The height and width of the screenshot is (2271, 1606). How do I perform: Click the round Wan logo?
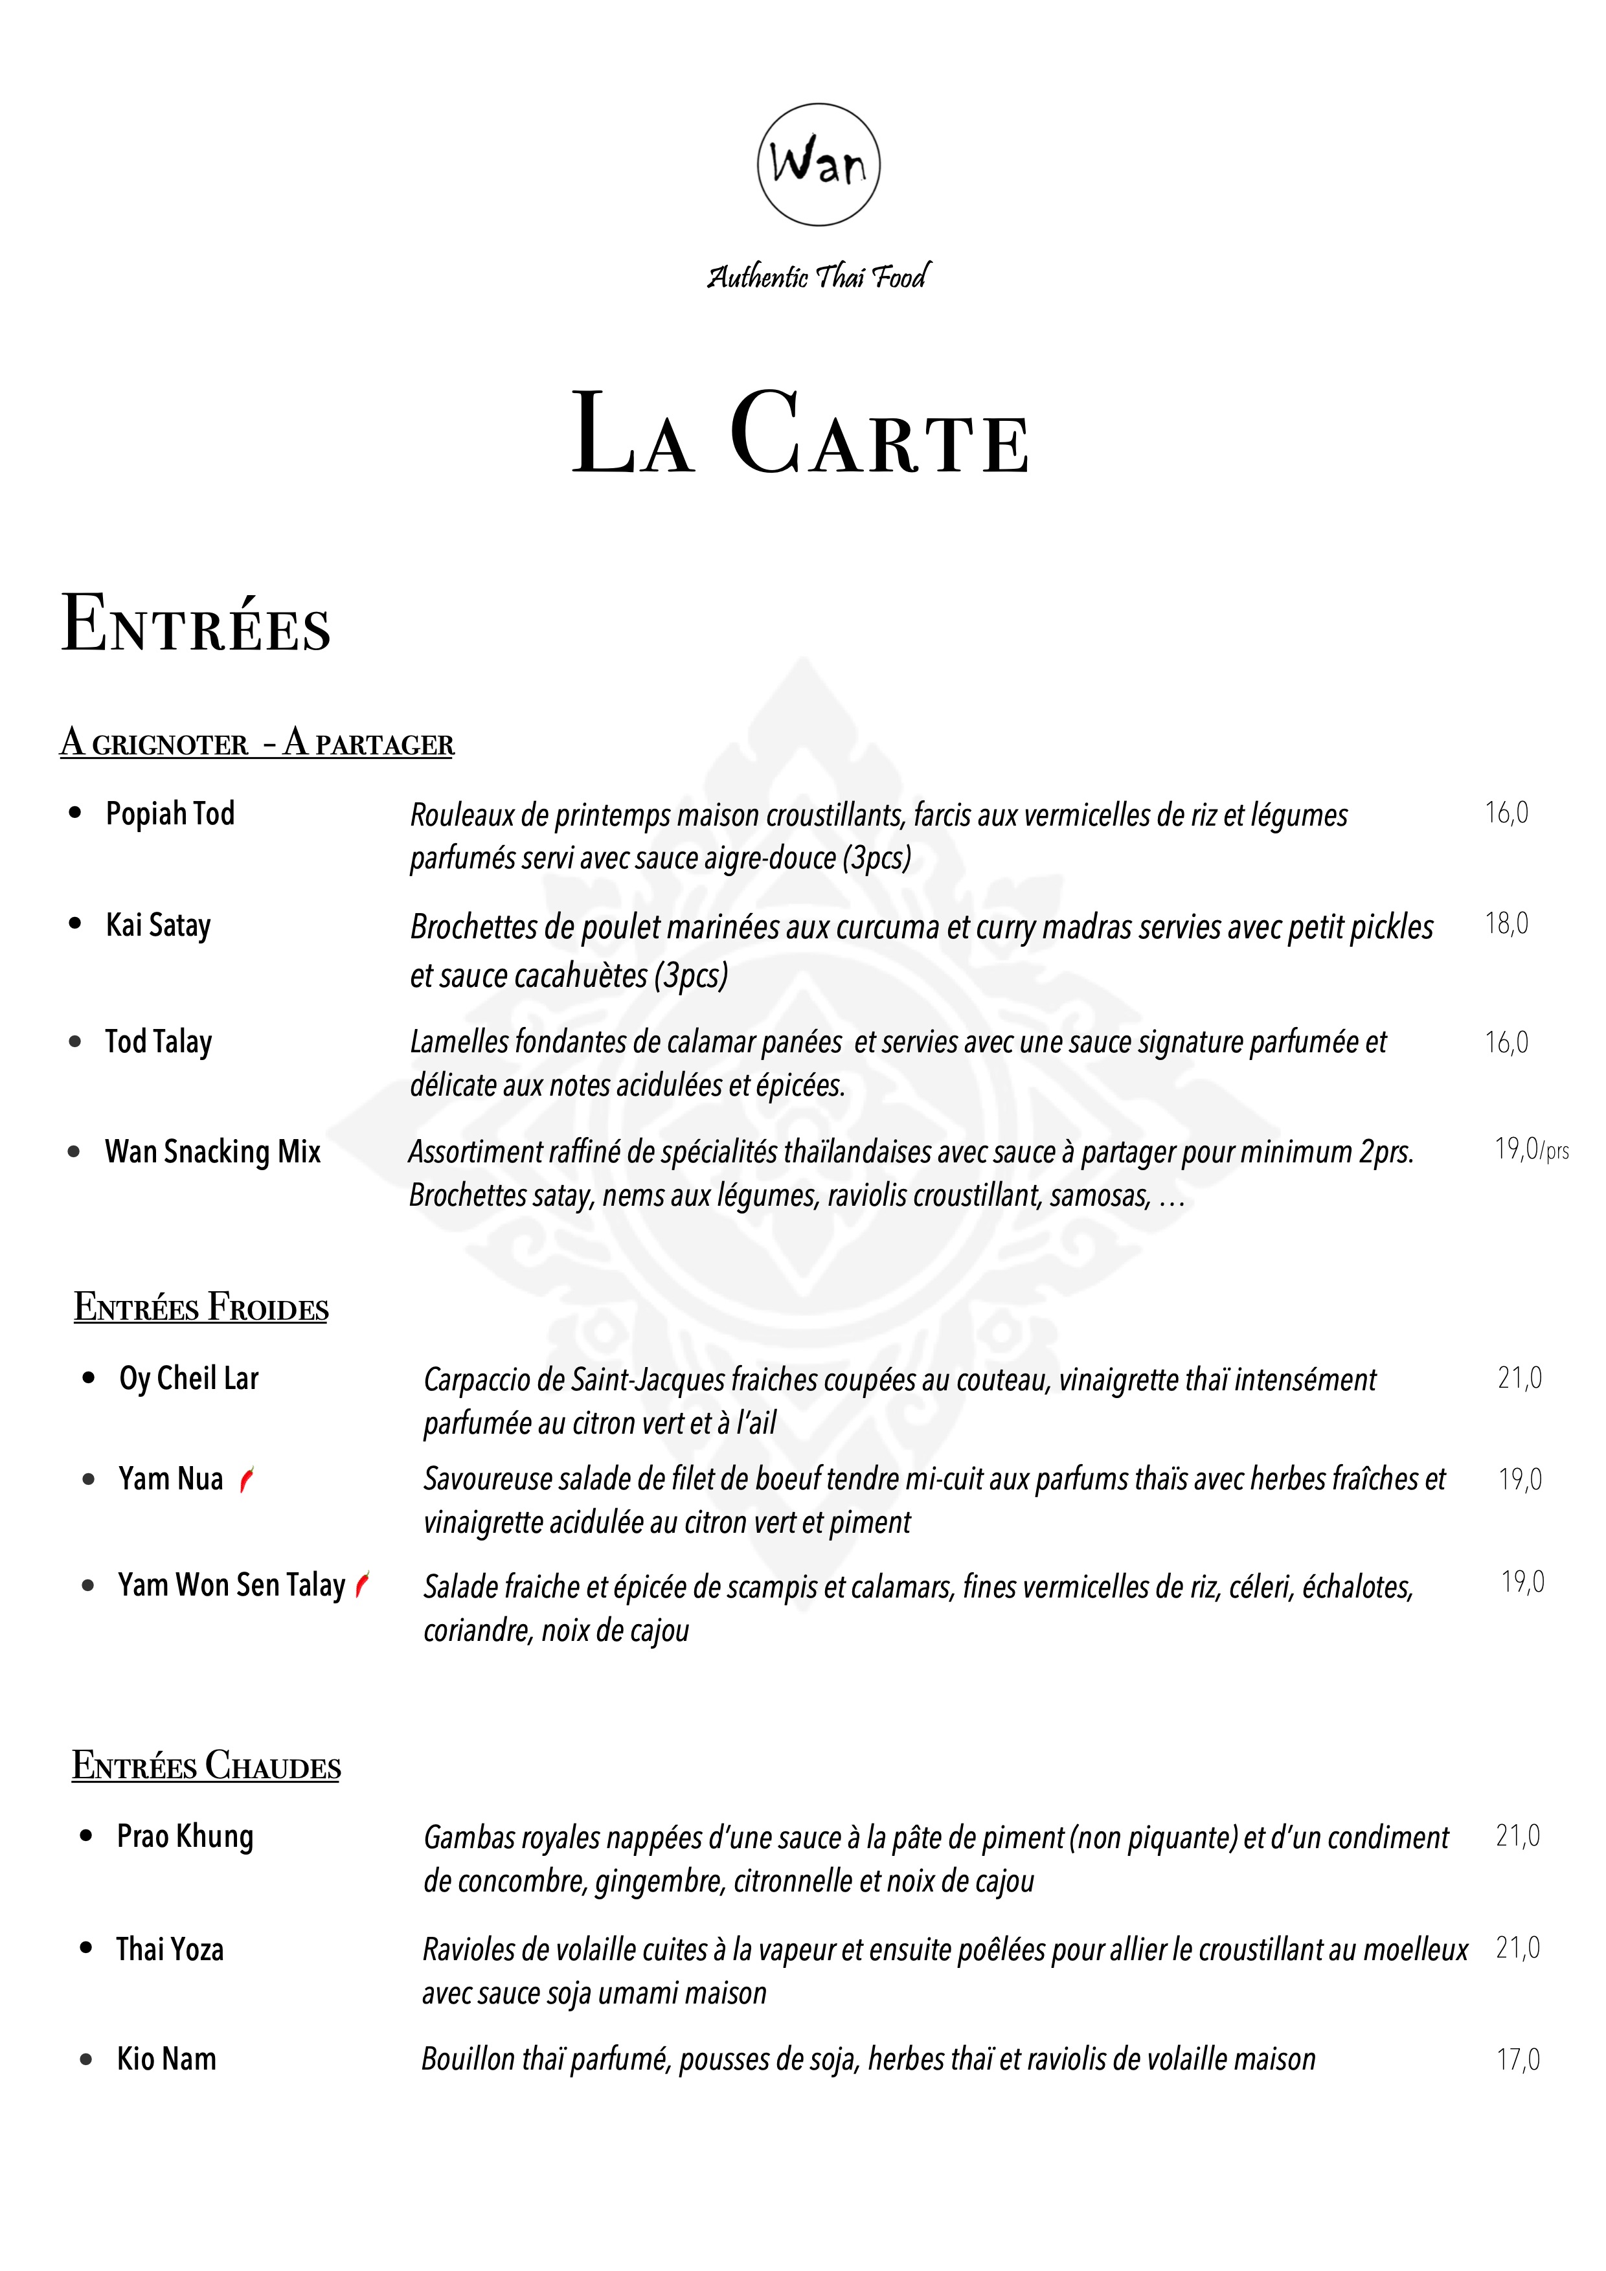coord(818,164)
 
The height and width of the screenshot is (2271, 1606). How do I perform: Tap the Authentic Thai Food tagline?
coord(818,276)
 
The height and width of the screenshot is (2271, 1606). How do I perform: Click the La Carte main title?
coord(801,435)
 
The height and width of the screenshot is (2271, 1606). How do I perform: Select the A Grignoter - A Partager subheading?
coord(257,742)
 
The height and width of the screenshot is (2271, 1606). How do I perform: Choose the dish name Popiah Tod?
coord(170,813)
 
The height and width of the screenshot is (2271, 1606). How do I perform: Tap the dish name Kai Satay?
coord(158,925)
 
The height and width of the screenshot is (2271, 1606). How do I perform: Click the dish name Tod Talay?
coord(158,1041)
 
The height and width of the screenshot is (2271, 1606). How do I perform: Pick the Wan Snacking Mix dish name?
coord(212,1151)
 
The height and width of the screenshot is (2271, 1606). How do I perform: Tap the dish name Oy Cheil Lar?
coord(188,1378)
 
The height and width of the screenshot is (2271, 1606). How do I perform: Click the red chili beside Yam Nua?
coord(247,1479)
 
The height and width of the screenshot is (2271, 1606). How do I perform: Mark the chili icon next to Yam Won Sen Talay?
coord(363,1585)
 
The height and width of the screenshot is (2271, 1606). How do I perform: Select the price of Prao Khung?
coord(1517,1836)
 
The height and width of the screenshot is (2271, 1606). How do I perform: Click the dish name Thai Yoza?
coord(170,1949)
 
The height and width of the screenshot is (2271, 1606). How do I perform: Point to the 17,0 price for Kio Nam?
coord(1517,2059)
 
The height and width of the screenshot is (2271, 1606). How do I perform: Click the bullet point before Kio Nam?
coord(86,2059)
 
